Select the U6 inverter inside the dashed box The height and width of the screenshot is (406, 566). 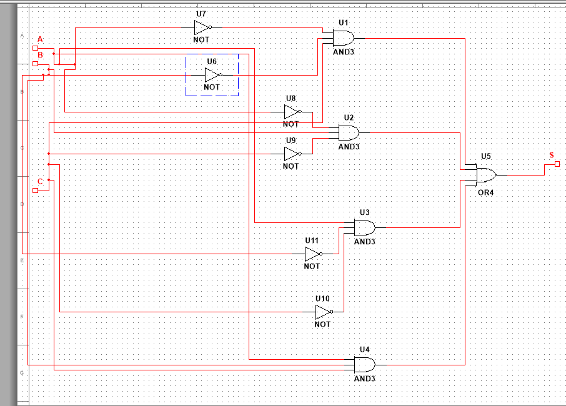point(212,75)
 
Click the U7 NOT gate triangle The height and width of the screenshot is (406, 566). point(202,27)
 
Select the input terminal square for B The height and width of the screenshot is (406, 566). point(36,64)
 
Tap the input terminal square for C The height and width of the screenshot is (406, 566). point(36,191)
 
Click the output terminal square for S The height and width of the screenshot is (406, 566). point(557,164)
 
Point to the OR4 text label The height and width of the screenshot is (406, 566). point(485,192)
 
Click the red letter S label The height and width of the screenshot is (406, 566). point(551,154)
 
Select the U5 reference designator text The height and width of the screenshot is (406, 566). point(485,156)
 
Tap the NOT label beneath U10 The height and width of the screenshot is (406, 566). point(322,324)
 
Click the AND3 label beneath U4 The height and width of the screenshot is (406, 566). point(365,379)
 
